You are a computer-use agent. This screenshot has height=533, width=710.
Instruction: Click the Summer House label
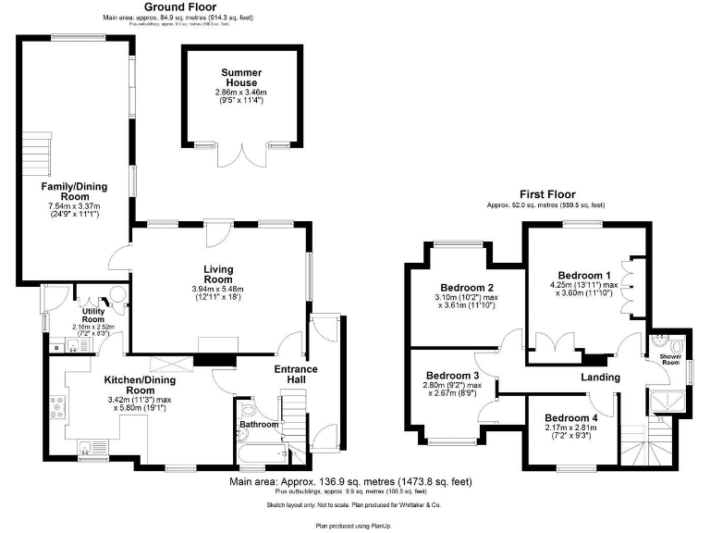point(240,77)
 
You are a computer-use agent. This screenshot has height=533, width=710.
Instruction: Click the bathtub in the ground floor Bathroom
point(262,453)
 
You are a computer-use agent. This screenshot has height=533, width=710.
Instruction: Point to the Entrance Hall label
point(296,375)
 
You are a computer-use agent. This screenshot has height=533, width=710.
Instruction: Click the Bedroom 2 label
point(466,288)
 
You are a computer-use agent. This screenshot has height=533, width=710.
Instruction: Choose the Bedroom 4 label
point(570,417)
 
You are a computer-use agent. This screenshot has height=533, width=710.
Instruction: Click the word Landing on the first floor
point(599,378)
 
